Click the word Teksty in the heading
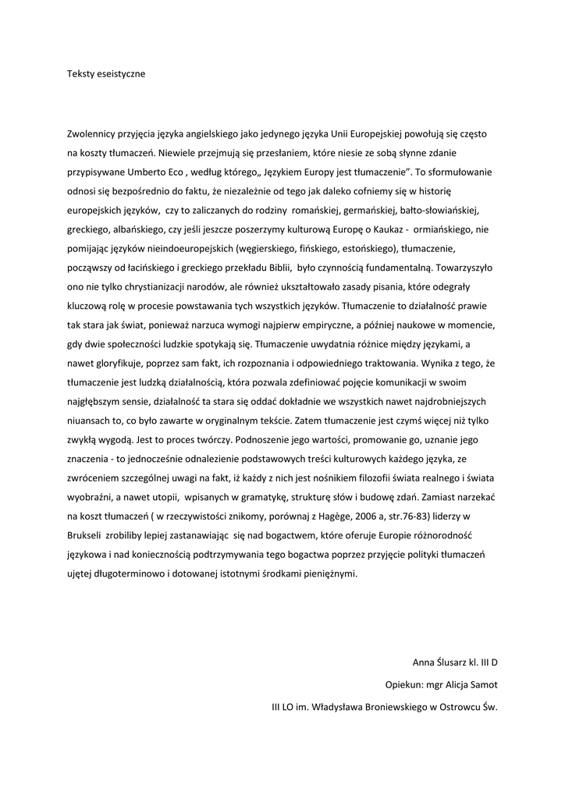pyautogui.click(x=80, y=74)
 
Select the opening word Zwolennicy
pyautogui.click(x=94, y=134)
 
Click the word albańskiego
pyautogui.click(x=130, y=229)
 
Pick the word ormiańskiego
pyautogui.click(x=442, y=229)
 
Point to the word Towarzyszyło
pyautogui.click(x=460, y=268)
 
